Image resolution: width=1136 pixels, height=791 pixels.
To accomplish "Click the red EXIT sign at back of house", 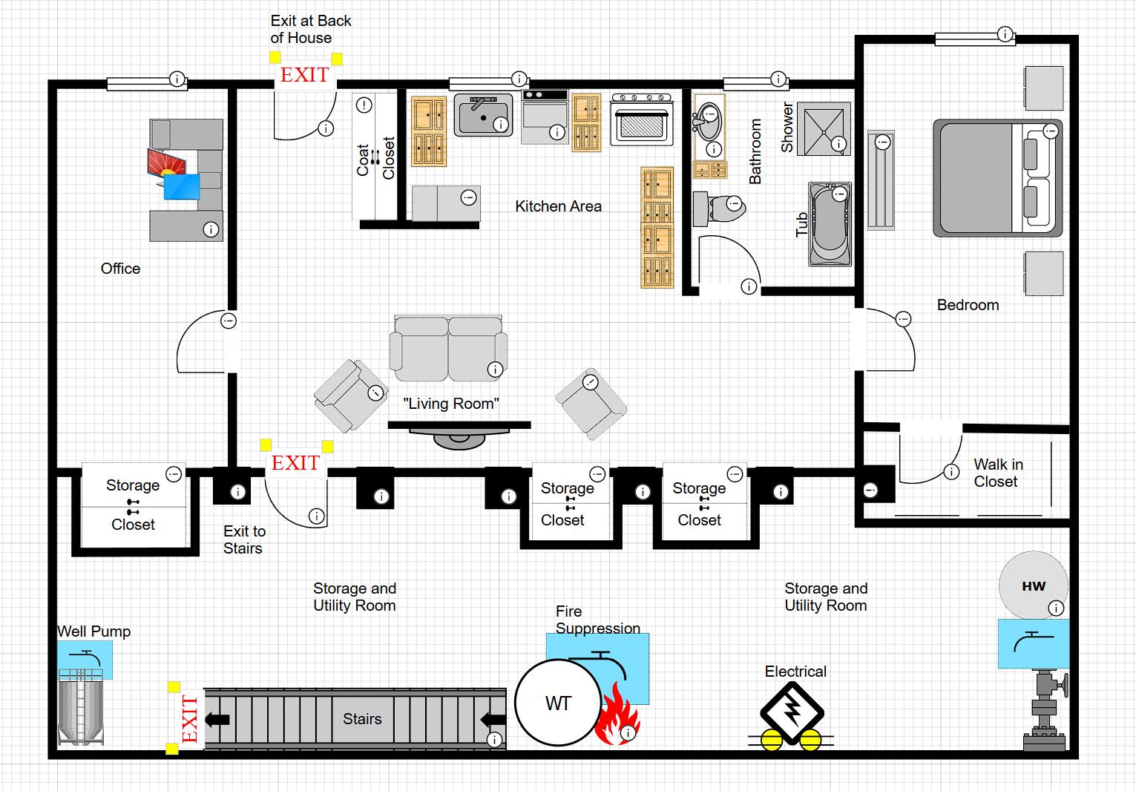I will (x=304, y=75).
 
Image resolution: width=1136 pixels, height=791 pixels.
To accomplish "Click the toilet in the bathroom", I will (x=719, y=208).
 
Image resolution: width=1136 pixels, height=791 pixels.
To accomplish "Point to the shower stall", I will (x=823, y=129).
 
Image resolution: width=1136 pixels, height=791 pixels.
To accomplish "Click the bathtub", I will (x=830, y=225).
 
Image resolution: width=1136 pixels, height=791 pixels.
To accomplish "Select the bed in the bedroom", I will (x=997, y=178).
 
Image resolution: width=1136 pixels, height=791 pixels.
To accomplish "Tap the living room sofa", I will (x=448, y=347).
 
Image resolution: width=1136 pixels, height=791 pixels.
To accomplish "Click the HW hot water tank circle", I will (x=1034, y=585).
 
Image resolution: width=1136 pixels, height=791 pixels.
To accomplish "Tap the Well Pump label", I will (x=94, y=631).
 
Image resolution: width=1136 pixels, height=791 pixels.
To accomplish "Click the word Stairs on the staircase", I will (x=362, y=719).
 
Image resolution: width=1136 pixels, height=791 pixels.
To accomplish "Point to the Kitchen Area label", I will (x=558, y=206).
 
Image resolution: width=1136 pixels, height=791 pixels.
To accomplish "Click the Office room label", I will (x=120, y=269).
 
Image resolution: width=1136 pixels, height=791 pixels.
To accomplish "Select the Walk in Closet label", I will (x=997, y=473).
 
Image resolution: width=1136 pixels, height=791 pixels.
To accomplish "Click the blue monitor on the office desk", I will (x=182, y=187).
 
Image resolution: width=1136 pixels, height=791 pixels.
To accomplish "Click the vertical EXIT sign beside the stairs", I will (x=190, y=719).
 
